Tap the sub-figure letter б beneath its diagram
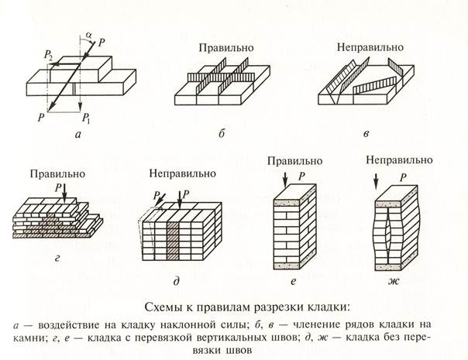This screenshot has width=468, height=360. pyautogui.click(x=222, y=134)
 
